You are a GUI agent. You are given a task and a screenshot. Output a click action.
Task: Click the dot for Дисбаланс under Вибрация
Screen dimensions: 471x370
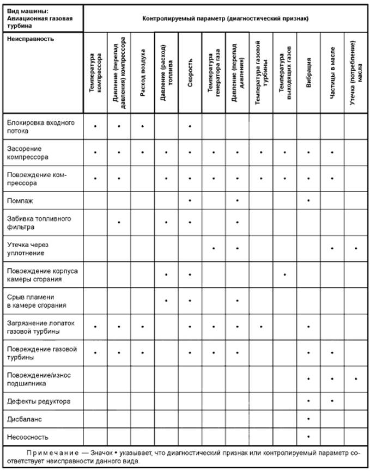pos(308,419)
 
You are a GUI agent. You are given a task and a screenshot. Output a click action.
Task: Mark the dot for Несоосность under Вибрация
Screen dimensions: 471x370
pos(308,437)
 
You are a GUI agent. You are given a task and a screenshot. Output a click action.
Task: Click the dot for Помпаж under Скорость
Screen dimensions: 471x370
pos(190,200)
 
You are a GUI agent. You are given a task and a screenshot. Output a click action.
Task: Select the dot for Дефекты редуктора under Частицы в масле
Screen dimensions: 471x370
pos(332,401)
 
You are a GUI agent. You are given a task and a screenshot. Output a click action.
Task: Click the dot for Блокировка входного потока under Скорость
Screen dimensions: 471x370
pos(190,126)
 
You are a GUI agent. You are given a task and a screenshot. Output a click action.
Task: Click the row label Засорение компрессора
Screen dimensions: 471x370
pos(32,152)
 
